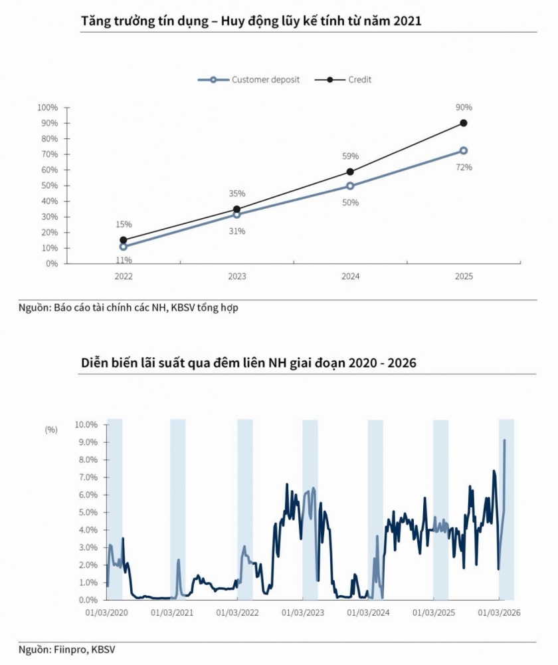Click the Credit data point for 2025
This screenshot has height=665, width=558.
coord(464,123)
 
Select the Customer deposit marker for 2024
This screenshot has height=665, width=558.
coord(350,186)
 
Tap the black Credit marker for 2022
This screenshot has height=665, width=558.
coord(124,240)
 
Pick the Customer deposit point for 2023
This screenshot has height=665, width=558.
coord(237,215)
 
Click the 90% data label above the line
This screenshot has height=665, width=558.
coord(464,107)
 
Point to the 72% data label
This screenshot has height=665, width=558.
coord(464,168)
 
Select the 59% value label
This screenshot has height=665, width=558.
coord(350,156)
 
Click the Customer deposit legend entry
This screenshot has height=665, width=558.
coord(248,80)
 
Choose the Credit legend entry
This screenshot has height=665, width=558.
coord(343,80)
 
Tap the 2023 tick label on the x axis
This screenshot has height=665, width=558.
coord(237,277)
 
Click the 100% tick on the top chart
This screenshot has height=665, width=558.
coord(47,108)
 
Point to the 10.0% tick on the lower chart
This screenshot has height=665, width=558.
coord(86,424)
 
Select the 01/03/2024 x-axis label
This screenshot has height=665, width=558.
coord(368,613)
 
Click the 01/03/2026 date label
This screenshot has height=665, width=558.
coord(499,613)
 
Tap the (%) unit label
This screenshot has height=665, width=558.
coord(51,430)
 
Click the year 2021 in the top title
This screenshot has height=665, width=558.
coord(408,21)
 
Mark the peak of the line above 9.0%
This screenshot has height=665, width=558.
coord(504,440)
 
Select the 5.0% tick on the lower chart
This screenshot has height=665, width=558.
coord(88,512)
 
